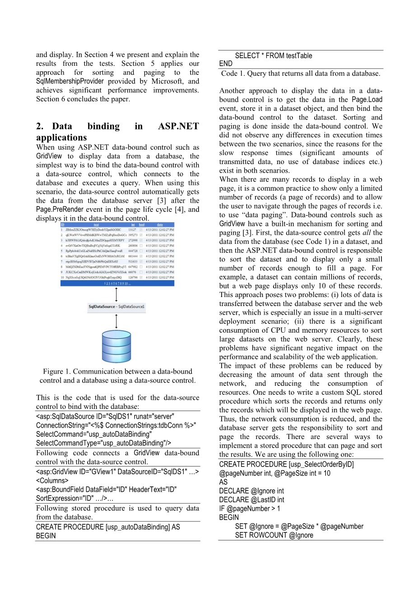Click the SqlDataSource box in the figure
point(116,307)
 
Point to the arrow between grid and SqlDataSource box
point(116,294)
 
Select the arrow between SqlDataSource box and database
point(116,321)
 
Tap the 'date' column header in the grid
point(160,224)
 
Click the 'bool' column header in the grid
point(141,224)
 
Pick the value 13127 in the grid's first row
point(132,230)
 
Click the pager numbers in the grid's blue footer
point(117,283)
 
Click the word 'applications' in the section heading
point(61,138)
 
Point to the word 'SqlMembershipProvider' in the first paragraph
point(70,82)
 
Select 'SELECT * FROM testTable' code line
point(273,56)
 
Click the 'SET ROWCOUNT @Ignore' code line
point(274,535)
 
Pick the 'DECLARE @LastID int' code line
point(251,500)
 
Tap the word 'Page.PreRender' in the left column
point(60,210)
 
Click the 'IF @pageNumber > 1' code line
point(250,509)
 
